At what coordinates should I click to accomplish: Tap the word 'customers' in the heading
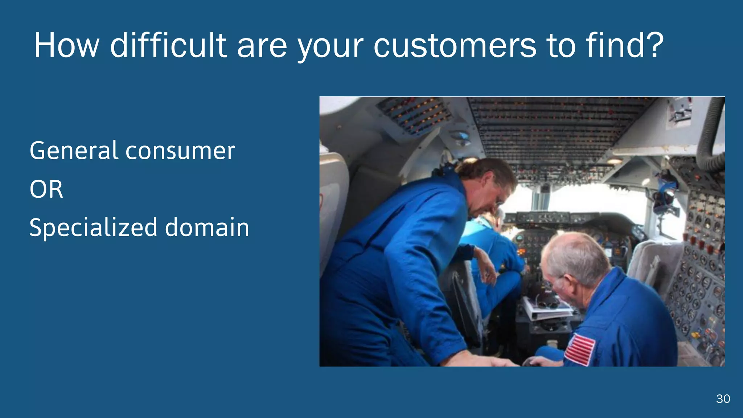point(455,46)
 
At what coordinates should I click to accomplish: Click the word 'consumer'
point(180,151)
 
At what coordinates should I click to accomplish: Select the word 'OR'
point(46,189)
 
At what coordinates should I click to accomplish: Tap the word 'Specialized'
point(93,228)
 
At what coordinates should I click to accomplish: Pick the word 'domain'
point(207,228)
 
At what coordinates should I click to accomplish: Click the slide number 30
point(723,399)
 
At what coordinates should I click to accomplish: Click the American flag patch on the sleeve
point(580,349)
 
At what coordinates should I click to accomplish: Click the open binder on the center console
point(546,308)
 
